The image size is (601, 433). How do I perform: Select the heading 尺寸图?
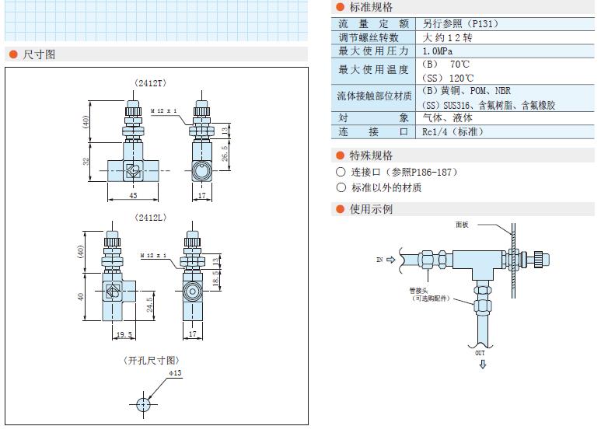[x=39, y=54]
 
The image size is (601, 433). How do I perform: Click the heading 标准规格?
[x=372, y=6]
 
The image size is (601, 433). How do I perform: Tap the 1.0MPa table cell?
[x=439, y=51]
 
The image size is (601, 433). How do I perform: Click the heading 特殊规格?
[x=372, y=155]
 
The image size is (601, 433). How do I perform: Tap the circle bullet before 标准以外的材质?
[x=341, y=187]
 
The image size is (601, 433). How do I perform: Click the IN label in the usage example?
[x=379, y=260]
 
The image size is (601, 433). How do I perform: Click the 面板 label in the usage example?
[x=463, y=225]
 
